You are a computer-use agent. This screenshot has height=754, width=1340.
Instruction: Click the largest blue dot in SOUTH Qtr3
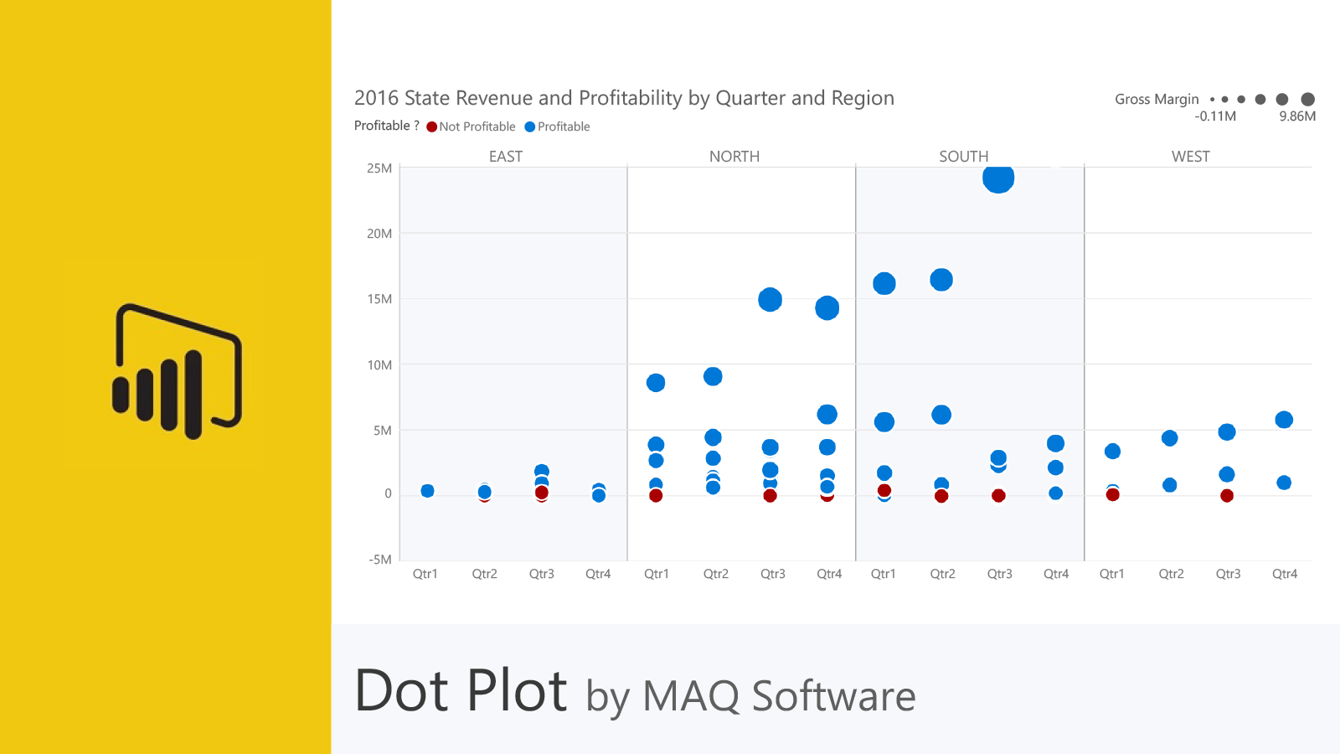[x=998, y=178]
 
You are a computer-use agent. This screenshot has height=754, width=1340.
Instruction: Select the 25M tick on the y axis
[x=379, y=168]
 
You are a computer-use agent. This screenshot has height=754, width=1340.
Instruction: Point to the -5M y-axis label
[x=379, y=560]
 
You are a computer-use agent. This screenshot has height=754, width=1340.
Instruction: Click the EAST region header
[x=505, y=157]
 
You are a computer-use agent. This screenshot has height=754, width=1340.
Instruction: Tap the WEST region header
[x=1190, y=157]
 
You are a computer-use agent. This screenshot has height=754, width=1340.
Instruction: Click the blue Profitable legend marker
[x=529, y=127]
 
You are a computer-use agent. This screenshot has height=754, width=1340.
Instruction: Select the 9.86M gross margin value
[x=1296, y=116]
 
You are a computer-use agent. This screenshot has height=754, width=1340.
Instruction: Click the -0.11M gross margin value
[x=1215, y=116]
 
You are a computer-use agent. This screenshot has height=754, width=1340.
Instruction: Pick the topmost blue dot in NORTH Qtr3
[x=770, y=299]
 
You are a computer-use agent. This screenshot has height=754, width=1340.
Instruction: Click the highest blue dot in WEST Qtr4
[x=1284, y=420]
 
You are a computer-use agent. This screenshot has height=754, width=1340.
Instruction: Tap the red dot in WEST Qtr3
[x=1227, y=496]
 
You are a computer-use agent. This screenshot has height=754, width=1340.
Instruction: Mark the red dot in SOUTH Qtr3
[x=998, y=496]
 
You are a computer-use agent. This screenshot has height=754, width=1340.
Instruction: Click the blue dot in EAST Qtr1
[x=427, y=491]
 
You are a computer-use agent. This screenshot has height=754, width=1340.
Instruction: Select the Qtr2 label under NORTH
[x=715, y=574]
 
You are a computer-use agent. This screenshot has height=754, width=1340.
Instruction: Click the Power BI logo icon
[x=178, y=371]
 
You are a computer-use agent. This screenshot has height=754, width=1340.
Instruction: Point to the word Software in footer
[x=833, y=696]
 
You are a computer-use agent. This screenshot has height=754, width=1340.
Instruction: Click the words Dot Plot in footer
[x=461, y=691]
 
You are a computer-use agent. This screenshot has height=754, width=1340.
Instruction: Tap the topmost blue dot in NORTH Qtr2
[x=713, y=376]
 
